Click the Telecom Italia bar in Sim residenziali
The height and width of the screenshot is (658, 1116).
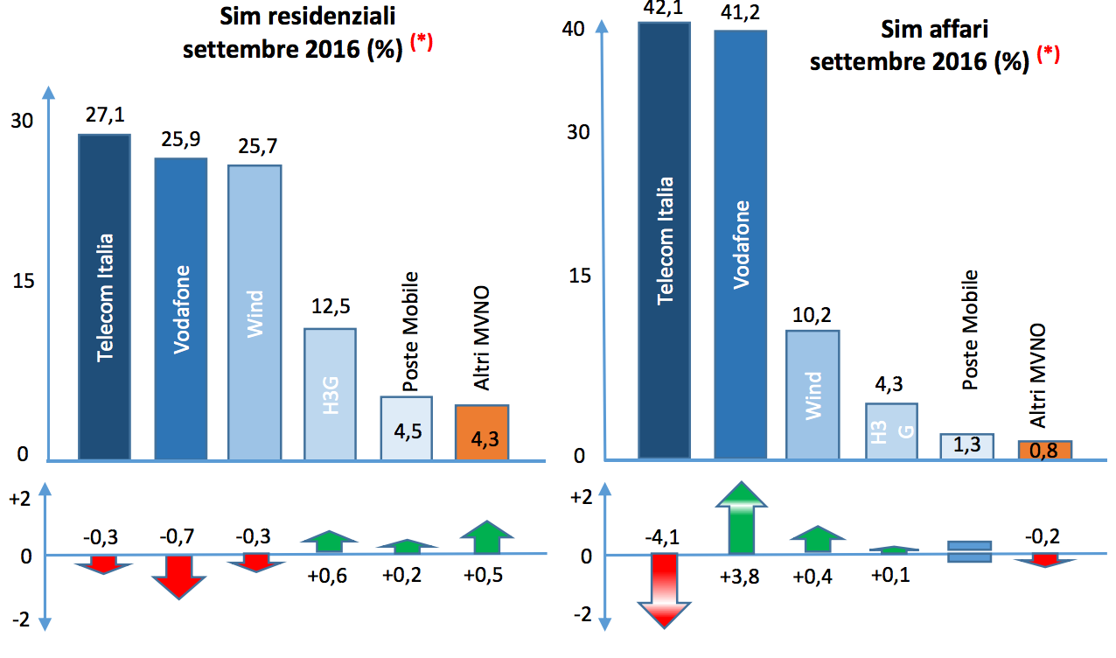click(x=104, y=297)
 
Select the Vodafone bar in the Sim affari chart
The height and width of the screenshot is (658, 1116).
click(x=741, y=244)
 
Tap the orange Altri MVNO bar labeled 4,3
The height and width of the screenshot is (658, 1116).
click(x=482, y=432)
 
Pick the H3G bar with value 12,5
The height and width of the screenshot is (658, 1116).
click(x=330, y=393)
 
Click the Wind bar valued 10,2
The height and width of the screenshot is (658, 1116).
click(x=813, y=394)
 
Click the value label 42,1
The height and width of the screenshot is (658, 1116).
click(x=663, y=8)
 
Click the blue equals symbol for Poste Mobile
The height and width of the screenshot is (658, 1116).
click(x=970, y=551)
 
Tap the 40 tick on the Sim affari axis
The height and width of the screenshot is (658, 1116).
click(x=574, y=29)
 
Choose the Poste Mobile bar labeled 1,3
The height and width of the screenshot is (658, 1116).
click(x=966, y=445)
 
